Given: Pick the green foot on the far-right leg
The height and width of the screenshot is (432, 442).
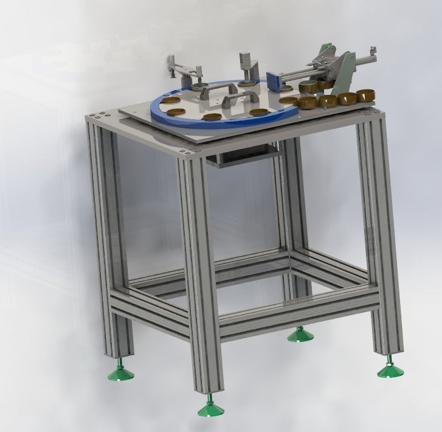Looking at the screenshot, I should tap(388, 369).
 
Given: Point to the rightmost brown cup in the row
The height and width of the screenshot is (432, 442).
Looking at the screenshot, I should tap(365, 95).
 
